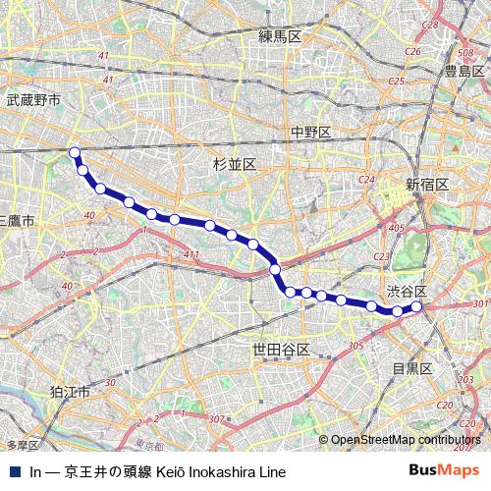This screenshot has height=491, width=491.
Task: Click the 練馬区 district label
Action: [x=280, y=36]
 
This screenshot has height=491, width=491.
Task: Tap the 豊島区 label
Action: [x=464, y=72]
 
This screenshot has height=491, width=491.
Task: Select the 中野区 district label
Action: [x=310, y=133]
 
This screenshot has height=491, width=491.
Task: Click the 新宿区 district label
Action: [x=427, y=185]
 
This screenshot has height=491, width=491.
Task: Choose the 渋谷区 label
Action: [x=407, y=292]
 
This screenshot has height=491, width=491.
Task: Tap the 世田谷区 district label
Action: [x=281, y=350]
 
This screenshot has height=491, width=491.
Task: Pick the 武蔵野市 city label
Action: [x=33, y=100]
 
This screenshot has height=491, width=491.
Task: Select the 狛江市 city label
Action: [x=71, y=392]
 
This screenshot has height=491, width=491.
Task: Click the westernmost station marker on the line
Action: [x=75, y=151]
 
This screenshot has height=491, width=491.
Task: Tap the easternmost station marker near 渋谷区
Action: [x=416, y=307]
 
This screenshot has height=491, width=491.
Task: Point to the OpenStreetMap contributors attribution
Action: [x=406, y=440]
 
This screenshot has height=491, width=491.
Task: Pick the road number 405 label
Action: [x=396, y=228]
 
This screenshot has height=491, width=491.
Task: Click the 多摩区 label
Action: [x=22, y=445]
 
